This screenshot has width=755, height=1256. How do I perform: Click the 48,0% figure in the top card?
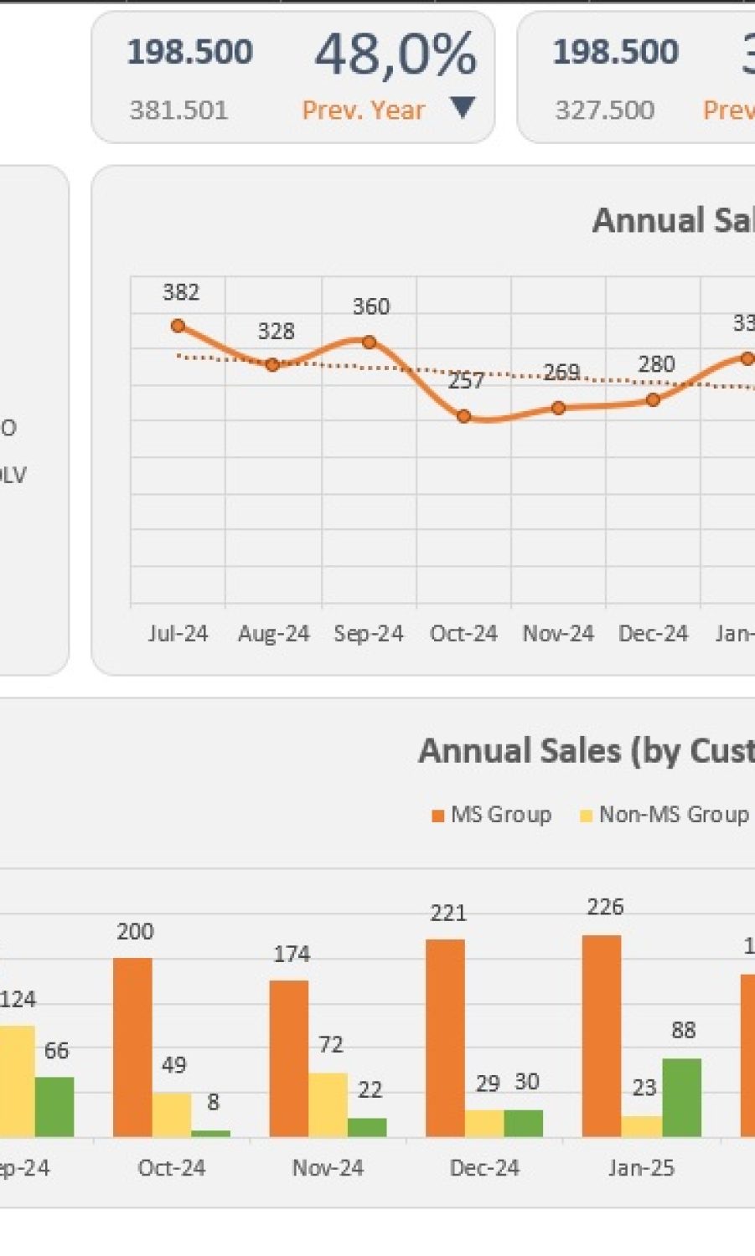[396, 54]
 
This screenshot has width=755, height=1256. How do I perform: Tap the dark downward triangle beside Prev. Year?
[463, 107]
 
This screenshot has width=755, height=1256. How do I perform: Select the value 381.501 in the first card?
[178, 110]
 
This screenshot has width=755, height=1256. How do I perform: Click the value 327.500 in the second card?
[604, 110]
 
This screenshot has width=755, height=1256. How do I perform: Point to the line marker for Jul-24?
[178, 326]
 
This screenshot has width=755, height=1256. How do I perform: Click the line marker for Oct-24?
[464, 416]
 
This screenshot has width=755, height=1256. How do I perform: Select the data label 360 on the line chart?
[370, 306]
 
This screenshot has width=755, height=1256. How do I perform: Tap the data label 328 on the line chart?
[276, 332]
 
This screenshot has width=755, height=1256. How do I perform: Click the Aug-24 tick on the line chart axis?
[273, 633]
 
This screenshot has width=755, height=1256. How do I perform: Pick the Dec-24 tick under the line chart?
[653, 633]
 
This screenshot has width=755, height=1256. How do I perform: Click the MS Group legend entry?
[491, 815]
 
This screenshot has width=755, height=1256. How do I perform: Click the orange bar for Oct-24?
[132, 1047]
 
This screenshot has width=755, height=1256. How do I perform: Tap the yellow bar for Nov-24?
[328, 1104]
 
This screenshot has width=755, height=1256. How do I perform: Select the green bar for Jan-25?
[681, 1097]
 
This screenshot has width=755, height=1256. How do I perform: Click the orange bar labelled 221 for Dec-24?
[445, 1037]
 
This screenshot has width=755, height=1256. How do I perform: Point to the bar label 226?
[605, 907]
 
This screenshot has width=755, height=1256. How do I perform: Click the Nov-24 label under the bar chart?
[328, 1168]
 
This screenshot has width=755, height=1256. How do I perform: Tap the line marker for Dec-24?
[653, 400]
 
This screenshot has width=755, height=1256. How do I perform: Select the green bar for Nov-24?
[367, 1127]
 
